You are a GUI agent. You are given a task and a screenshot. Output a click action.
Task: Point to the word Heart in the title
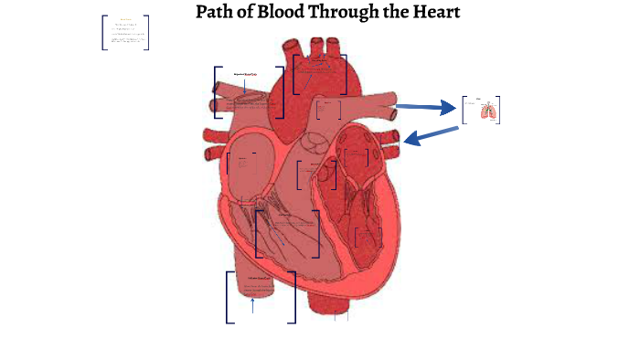click(x=436, y=13)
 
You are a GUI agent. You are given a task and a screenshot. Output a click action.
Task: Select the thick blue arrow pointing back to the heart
click(x=430, y=136)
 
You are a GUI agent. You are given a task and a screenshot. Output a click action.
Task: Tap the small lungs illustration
click(x=487, y=111)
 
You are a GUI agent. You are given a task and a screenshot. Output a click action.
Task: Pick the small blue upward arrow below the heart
click(x=252, y=304)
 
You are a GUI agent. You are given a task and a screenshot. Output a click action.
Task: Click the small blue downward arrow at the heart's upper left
click(x=245, y=86)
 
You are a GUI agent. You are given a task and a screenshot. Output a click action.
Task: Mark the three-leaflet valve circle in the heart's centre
click(x=316, y=143)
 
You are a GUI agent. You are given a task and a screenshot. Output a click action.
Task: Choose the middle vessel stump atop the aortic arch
click(x=317, y=47)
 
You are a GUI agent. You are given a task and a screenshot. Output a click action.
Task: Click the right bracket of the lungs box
click(x=498, y=110)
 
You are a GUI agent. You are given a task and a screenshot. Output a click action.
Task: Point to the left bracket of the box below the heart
click(x=228, y=297)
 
